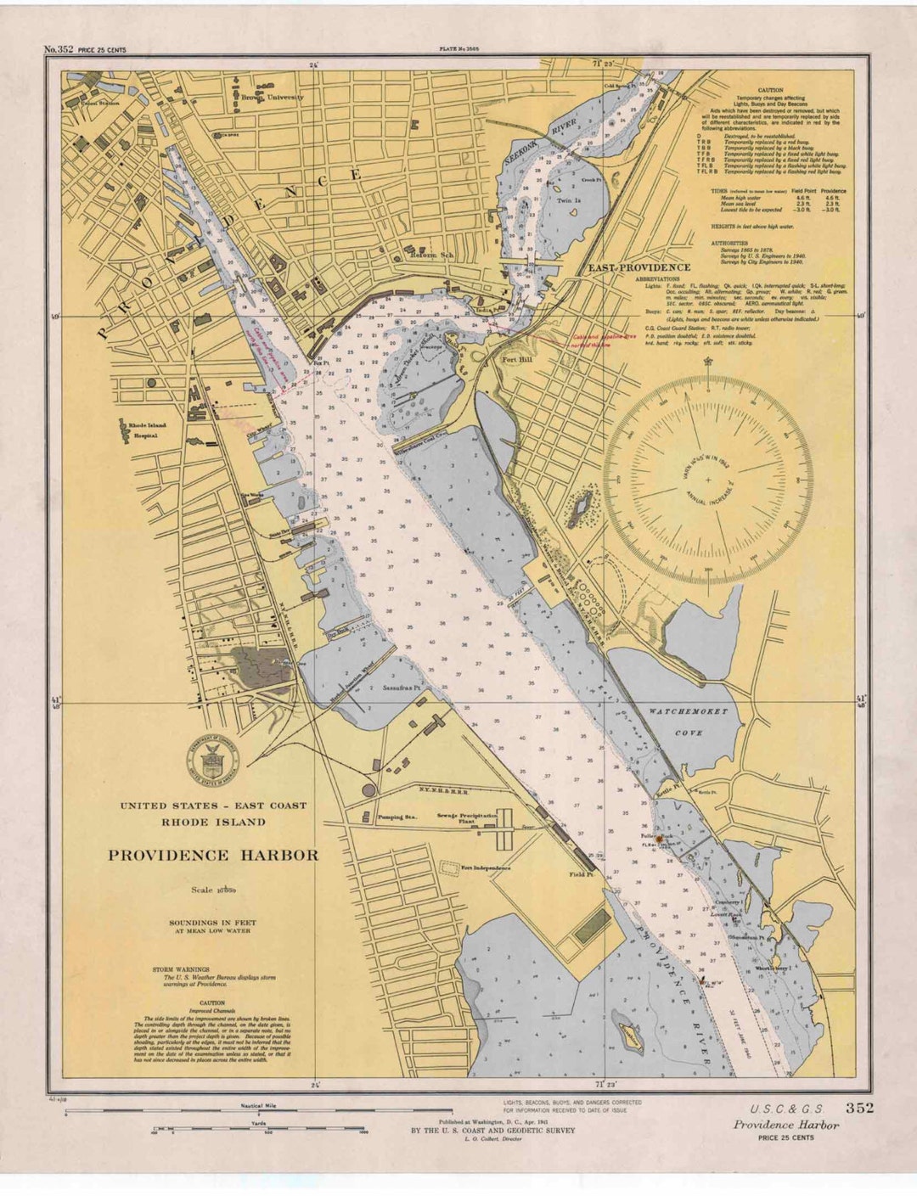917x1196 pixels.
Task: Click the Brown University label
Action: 272,98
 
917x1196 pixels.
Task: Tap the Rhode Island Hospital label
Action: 148,430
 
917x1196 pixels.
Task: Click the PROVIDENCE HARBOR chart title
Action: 213,856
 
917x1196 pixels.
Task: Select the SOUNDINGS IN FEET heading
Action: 212,923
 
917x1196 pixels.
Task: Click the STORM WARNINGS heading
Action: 181,969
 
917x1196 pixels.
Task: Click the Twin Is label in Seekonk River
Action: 568,201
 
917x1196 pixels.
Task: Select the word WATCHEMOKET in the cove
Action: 688,711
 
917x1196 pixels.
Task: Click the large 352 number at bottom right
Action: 859,1108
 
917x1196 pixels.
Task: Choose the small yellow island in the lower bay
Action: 630,1035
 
